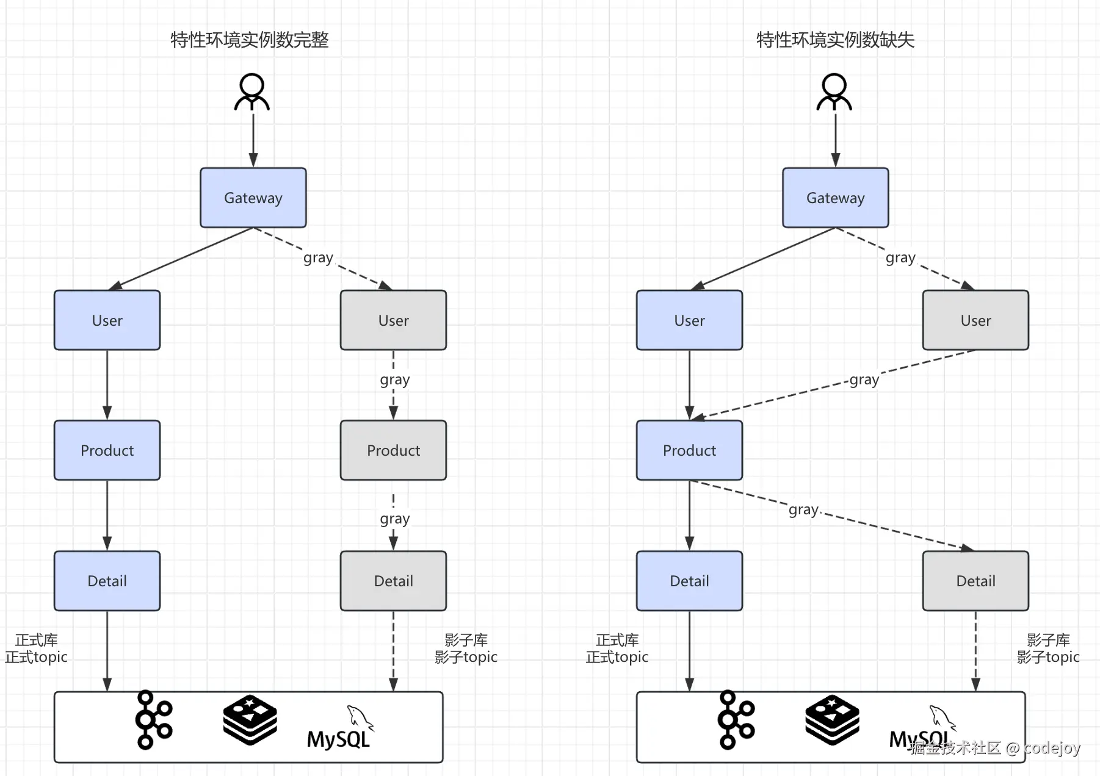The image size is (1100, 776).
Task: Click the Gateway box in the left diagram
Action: point(253,198)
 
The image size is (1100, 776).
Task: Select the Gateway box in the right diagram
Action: point(835,198)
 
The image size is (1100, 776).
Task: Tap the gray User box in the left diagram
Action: point(393,320)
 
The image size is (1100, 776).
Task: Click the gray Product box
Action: point(393,450)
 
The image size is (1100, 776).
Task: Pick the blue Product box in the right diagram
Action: point(689,450)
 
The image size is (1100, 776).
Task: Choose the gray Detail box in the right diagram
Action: point(975,581)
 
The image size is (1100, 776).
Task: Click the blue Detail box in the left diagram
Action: point(107,581)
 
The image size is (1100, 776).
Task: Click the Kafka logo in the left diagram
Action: point(153,720)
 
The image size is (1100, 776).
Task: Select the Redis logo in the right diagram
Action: point(832,720)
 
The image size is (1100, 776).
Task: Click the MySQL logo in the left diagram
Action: point(339,729)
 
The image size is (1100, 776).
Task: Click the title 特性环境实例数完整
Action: point(250,40)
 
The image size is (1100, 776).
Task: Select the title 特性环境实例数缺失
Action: point(835,40)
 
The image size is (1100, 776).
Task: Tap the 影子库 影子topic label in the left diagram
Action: point(466,648)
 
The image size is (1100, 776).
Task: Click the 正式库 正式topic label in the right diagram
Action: point(617,648)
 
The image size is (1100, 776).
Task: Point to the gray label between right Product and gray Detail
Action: point(803,509)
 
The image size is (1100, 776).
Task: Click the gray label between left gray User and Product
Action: point(394,379)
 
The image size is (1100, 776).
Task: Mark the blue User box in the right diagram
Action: point(689,320)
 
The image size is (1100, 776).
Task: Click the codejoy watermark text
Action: point(995,748)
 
